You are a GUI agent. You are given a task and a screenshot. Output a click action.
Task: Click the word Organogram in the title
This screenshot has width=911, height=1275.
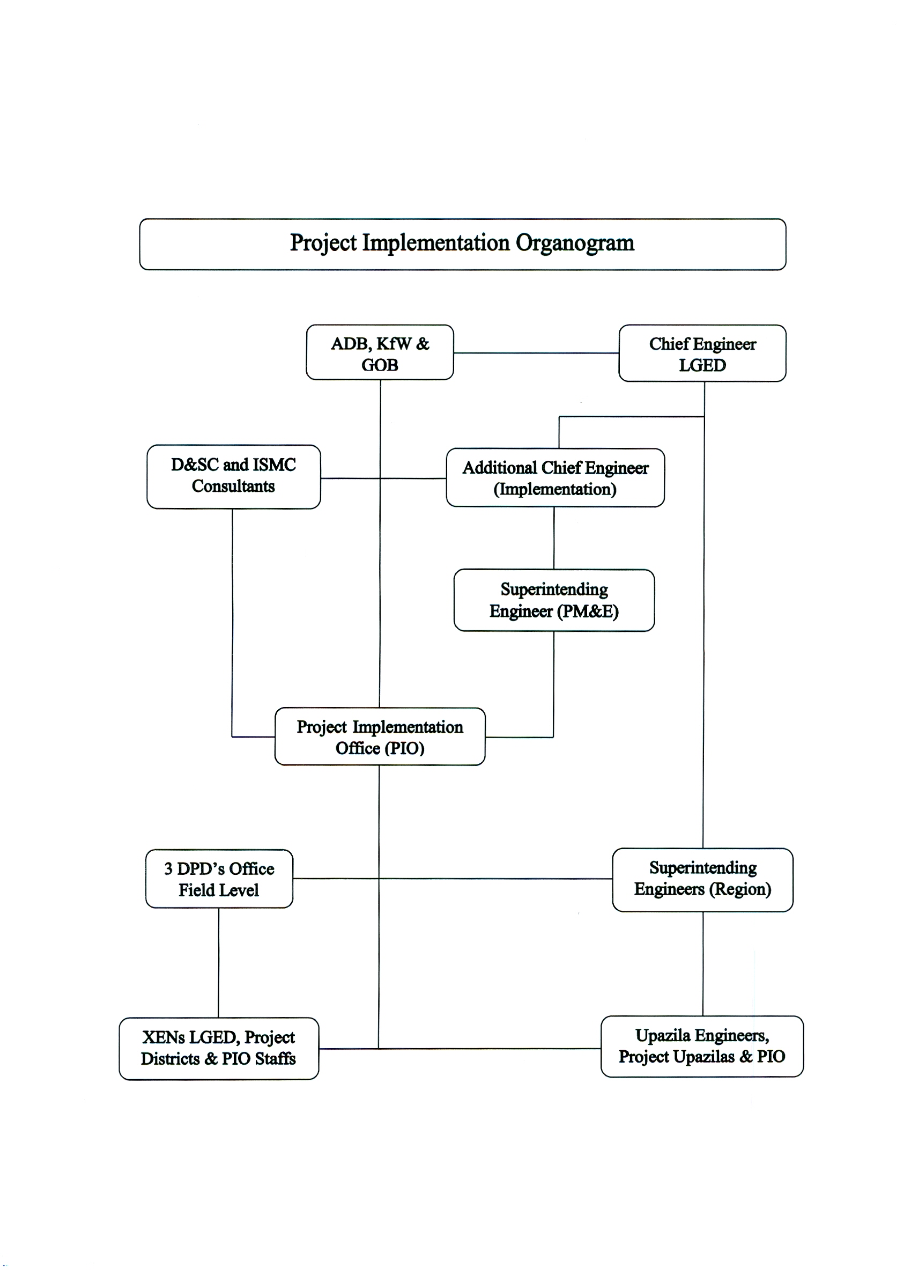click(x=575, y=244)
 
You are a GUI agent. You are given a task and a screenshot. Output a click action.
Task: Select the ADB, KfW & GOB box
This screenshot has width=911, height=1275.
click(x=380, y=352)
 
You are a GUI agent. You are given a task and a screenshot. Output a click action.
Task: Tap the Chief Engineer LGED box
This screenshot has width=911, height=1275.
click(x=702, y=353)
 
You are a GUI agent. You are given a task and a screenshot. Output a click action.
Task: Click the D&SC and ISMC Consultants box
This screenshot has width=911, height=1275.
click(x=233, y=477)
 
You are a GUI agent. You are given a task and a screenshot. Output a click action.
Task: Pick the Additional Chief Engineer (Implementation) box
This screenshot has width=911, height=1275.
click(x=556, y=477)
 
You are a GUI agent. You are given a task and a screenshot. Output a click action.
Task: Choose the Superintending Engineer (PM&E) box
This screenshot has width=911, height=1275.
click(x=554, y=600)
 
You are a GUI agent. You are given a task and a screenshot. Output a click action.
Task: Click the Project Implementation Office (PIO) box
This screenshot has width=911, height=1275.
click(x=380, y=736)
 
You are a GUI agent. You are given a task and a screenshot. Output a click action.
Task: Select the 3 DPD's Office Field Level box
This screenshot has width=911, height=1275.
click(x=219, y=879)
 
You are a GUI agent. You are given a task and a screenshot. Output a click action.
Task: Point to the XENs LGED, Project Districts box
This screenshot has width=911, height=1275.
click(x=219, y=1048)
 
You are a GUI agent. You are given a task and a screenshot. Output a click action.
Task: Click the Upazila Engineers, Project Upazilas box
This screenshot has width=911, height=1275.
click(x=702, y=1046)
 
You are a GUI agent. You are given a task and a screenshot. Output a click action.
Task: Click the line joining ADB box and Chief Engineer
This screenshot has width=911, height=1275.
click(x=536, y=353)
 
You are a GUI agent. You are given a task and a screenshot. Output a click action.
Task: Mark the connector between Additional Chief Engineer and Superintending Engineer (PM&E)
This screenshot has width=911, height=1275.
click(x=554, y=538)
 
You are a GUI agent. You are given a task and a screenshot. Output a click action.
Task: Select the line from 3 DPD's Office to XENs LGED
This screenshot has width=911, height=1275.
click(x=219, y=962)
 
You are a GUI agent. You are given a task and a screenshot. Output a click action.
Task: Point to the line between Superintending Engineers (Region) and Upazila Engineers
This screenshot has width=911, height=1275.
click(x=703, y=963)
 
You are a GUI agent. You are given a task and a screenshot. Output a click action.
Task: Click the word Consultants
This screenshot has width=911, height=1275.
click(x=233, y=487)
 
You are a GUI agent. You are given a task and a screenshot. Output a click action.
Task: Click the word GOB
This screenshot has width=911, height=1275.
click(x=380, y=365)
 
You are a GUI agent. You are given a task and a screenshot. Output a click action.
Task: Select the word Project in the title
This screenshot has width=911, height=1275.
click(x=323, y=244)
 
